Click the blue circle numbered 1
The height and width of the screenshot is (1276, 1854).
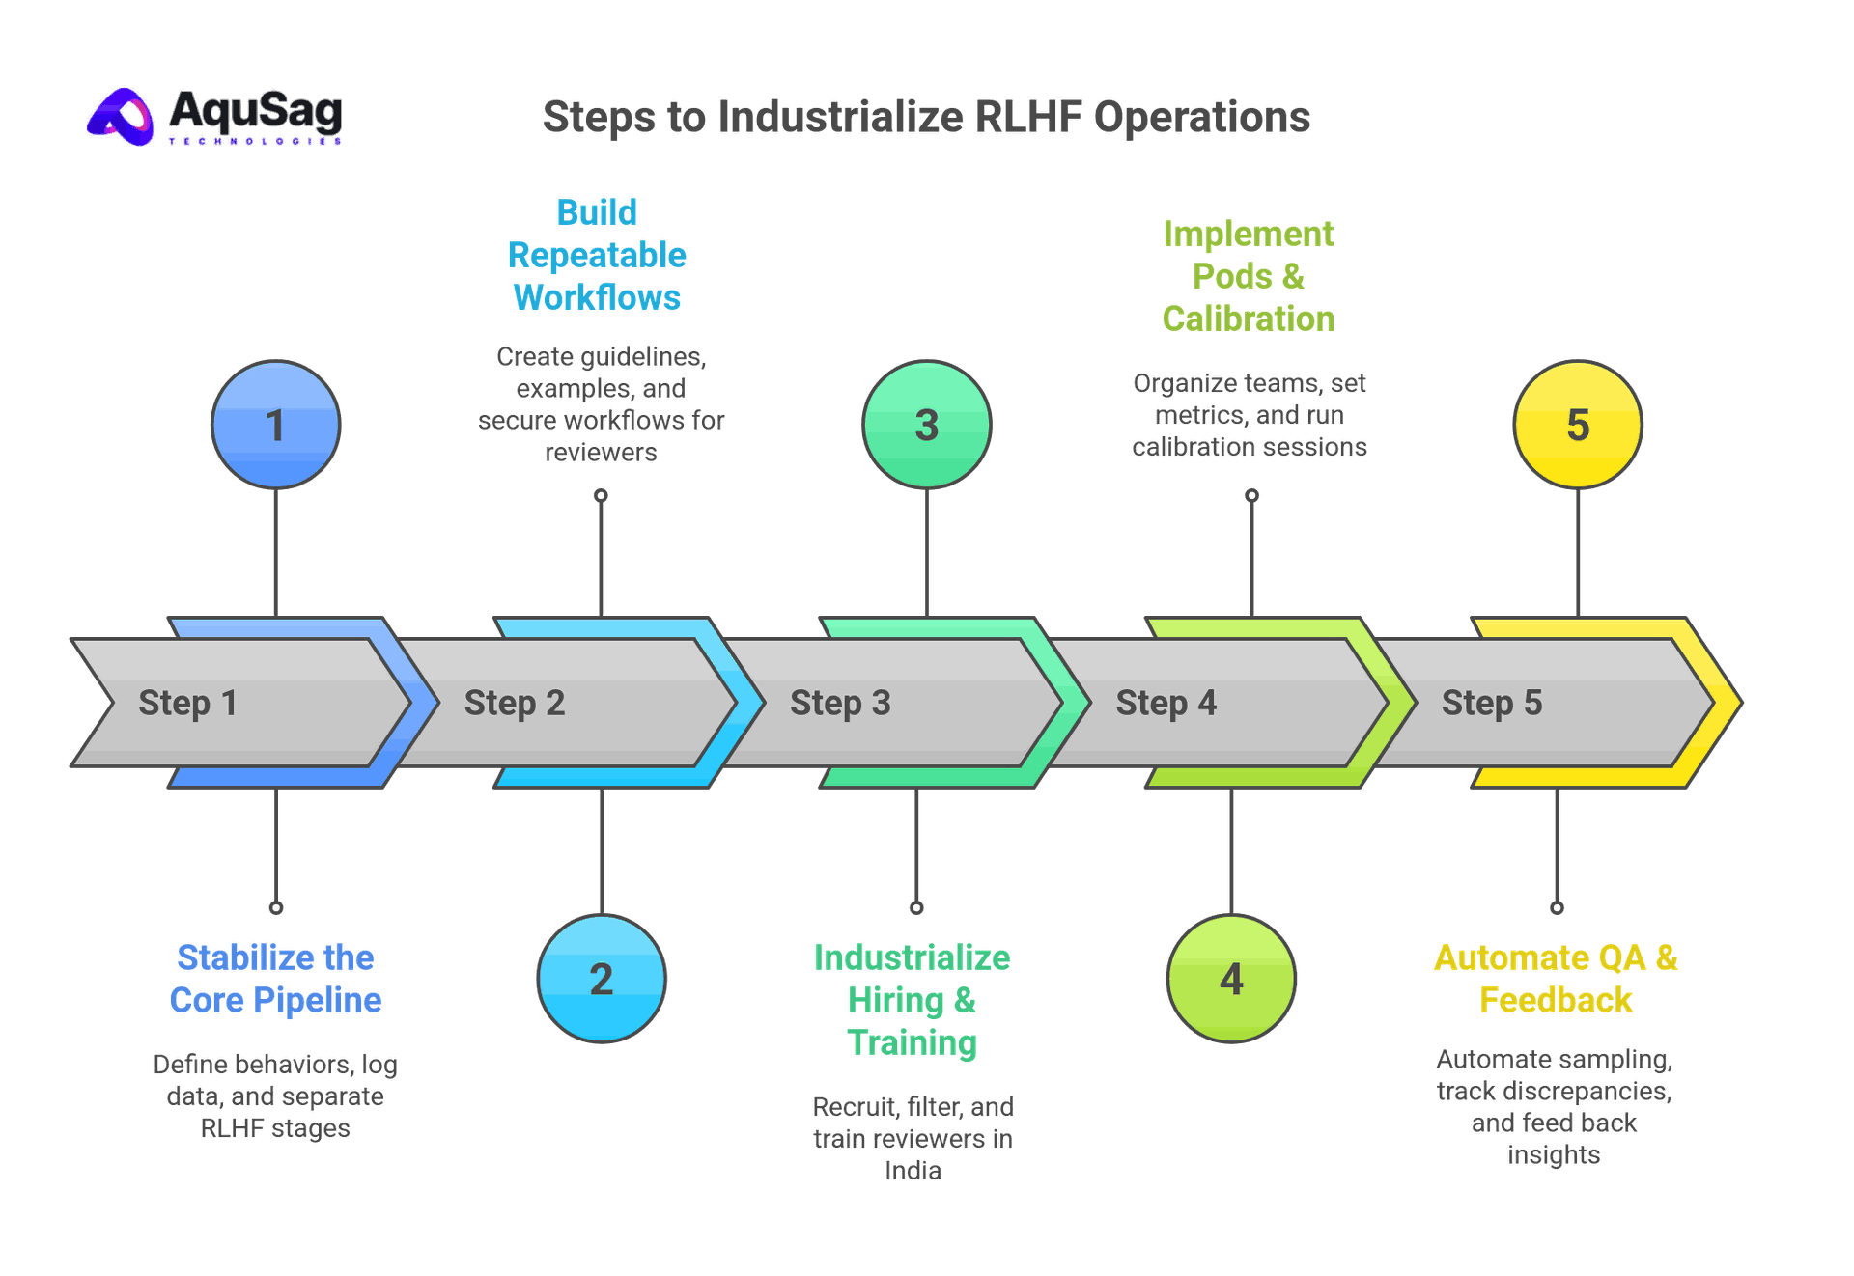click(275, 425)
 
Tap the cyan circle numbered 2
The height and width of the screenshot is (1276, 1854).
click(602, 979)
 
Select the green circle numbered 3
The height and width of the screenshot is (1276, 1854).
click(927, 425)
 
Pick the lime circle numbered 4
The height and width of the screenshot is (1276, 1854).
click(1231, 979)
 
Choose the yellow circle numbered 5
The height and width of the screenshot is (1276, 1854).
click(1578, 425)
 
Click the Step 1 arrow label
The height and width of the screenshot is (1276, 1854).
click(187, 703)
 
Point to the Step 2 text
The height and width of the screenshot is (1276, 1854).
click(514, 703)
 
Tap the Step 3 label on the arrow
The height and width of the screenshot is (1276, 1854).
click(840, 703)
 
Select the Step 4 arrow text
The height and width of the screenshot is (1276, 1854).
click(1166, 703)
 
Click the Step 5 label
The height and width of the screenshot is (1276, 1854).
click(1491, 703)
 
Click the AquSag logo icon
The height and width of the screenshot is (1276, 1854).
click(122, 117)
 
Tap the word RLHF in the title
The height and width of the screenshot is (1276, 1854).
click(1027, 117)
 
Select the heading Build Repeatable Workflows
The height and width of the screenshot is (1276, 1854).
click(597, 255)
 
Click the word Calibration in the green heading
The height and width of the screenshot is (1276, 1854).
click(1248, 319)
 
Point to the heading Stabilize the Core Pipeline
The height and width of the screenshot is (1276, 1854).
click(276, 979)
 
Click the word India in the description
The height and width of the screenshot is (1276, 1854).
click(913, 1171)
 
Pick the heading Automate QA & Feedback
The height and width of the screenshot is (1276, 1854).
click(1556, 979)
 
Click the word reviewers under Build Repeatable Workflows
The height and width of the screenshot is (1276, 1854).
click(601, 452)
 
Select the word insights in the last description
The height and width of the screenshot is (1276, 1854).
click(1554, 1154)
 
